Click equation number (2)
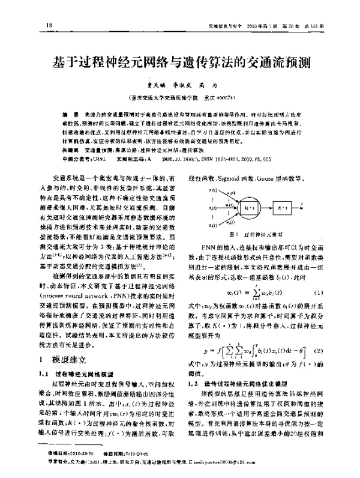(x=320, y=350)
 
